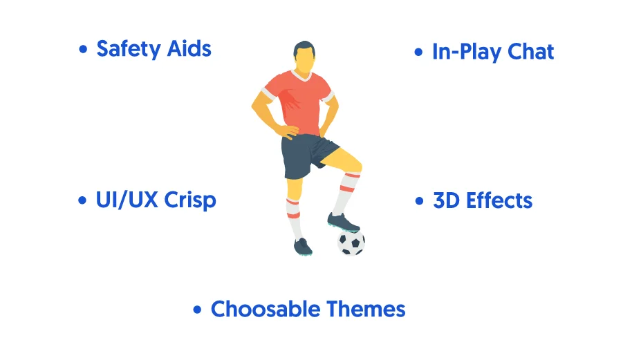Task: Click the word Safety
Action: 129,50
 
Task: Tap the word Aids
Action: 189,49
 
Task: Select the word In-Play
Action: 467,53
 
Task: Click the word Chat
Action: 530,52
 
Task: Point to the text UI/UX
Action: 127,200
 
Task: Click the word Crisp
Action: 190,200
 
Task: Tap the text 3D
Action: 446,200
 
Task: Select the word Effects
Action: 499,200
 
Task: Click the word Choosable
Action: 266,310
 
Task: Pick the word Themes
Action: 366,310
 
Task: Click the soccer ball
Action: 351,243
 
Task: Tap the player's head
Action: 304,57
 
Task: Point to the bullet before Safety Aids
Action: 83,50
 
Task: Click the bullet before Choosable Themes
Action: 197,310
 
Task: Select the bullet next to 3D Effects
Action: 419,201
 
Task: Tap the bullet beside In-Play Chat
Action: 418,53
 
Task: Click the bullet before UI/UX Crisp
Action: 82,200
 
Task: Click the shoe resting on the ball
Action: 342,222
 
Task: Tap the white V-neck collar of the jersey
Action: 302,75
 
